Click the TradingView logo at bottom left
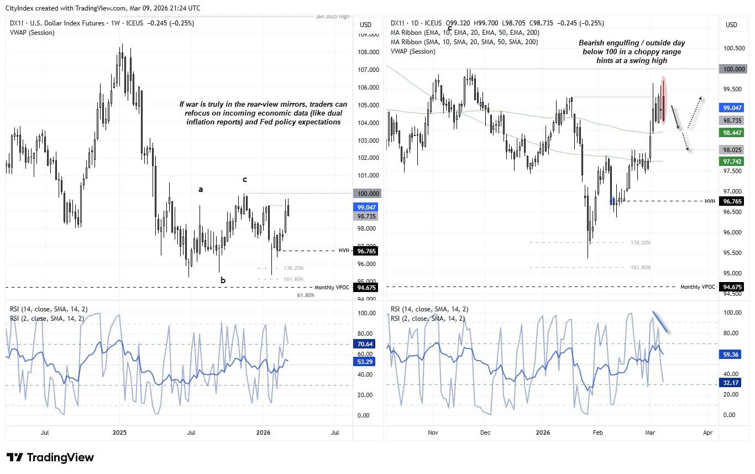[x=50, y=457]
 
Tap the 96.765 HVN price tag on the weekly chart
[x=365, y=251]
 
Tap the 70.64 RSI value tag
[x=365, y=343]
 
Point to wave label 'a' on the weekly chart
[x=201, y=189]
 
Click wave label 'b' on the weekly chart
[x=223, y=280]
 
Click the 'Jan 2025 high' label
[x=333, y=17]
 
